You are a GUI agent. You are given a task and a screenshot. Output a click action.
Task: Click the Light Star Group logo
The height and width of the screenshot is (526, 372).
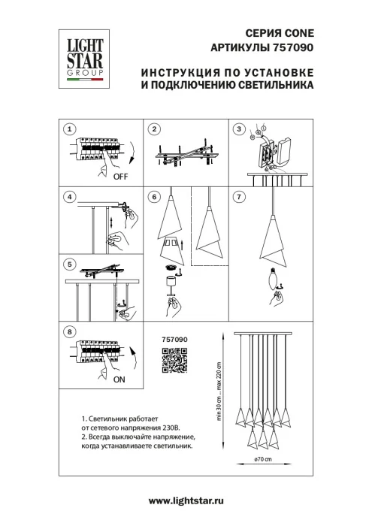click(x=80, y=53)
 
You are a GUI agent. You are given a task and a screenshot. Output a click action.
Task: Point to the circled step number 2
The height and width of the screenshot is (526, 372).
click(x=154, y=129)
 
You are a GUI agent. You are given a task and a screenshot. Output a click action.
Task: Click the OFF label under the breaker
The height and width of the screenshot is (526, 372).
click(x=120, y=177)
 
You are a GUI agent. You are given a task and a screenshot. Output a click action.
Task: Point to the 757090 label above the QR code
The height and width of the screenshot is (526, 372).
click(x=174, y=340)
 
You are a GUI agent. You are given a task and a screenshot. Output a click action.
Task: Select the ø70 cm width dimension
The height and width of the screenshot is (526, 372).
click(x=262, y=458)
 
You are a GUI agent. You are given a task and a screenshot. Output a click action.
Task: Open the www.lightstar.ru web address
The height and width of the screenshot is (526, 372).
click(x=187, y=500)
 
